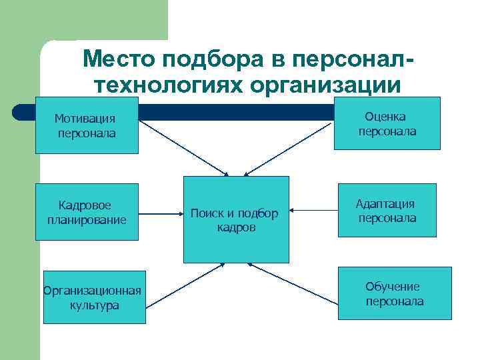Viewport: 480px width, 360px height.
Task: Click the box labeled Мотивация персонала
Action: point(87,125)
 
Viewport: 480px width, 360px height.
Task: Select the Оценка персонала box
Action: point(387,123)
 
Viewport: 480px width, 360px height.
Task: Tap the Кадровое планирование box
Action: point(87,212)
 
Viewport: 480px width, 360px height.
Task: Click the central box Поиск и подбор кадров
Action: point(236,219)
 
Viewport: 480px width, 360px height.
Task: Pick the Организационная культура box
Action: point(94,297)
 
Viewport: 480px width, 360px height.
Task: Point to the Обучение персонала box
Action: point(394,293)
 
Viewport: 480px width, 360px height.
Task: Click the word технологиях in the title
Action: point(167,85)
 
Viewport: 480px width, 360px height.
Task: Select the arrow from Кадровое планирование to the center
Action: point(161,214)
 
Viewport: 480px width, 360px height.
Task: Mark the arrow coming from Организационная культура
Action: point(183,285)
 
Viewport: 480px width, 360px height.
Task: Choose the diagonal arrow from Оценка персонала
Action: point(290,147)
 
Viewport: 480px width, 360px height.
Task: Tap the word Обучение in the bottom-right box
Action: point(392,286)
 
